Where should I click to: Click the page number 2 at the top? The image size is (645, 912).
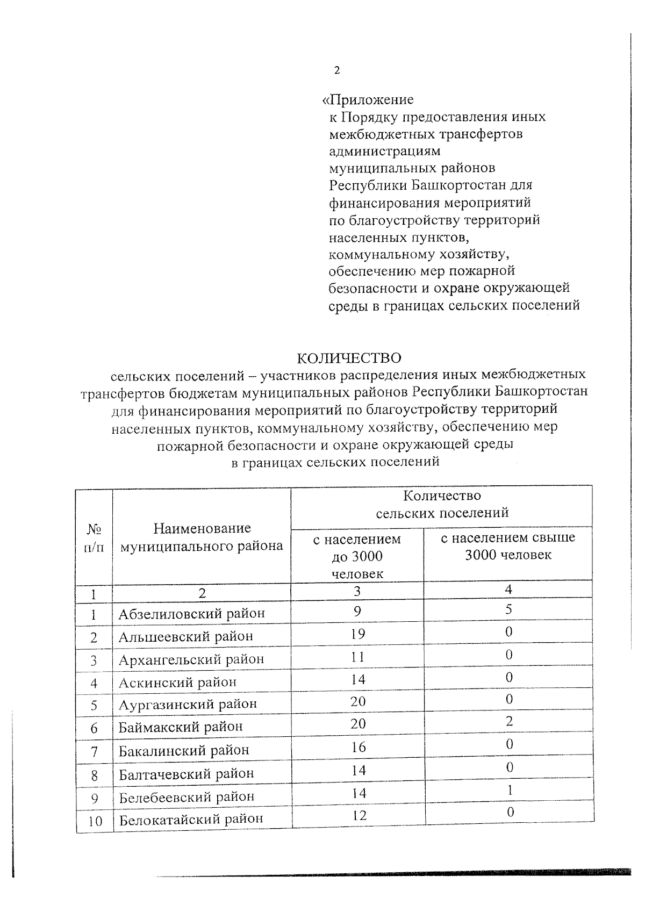(x=337, y=70)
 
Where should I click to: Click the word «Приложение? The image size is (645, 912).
(x=368, y=100)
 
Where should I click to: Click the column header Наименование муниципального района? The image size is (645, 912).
(x=202, y=537)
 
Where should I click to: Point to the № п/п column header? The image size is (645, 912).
(x=94, y=538)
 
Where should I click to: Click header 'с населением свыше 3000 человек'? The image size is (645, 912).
(x=508, y=546)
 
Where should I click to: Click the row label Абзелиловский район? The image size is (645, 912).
(x=192, y=614)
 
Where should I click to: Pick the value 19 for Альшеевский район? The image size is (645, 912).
(x=357, y=634)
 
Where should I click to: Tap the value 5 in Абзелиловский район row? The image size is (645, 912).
(x=508, y=609)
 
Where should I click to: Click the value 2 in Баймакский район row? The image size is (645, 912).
(x=509, y=722)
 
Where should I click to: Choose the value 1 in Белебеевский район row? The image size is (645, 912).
(x=510, y=791)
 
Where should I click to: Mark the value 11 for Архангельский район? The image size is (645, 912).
(x=357, y=657)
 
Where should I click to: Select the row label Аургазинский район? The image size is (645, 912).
(x=188, y=704)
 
